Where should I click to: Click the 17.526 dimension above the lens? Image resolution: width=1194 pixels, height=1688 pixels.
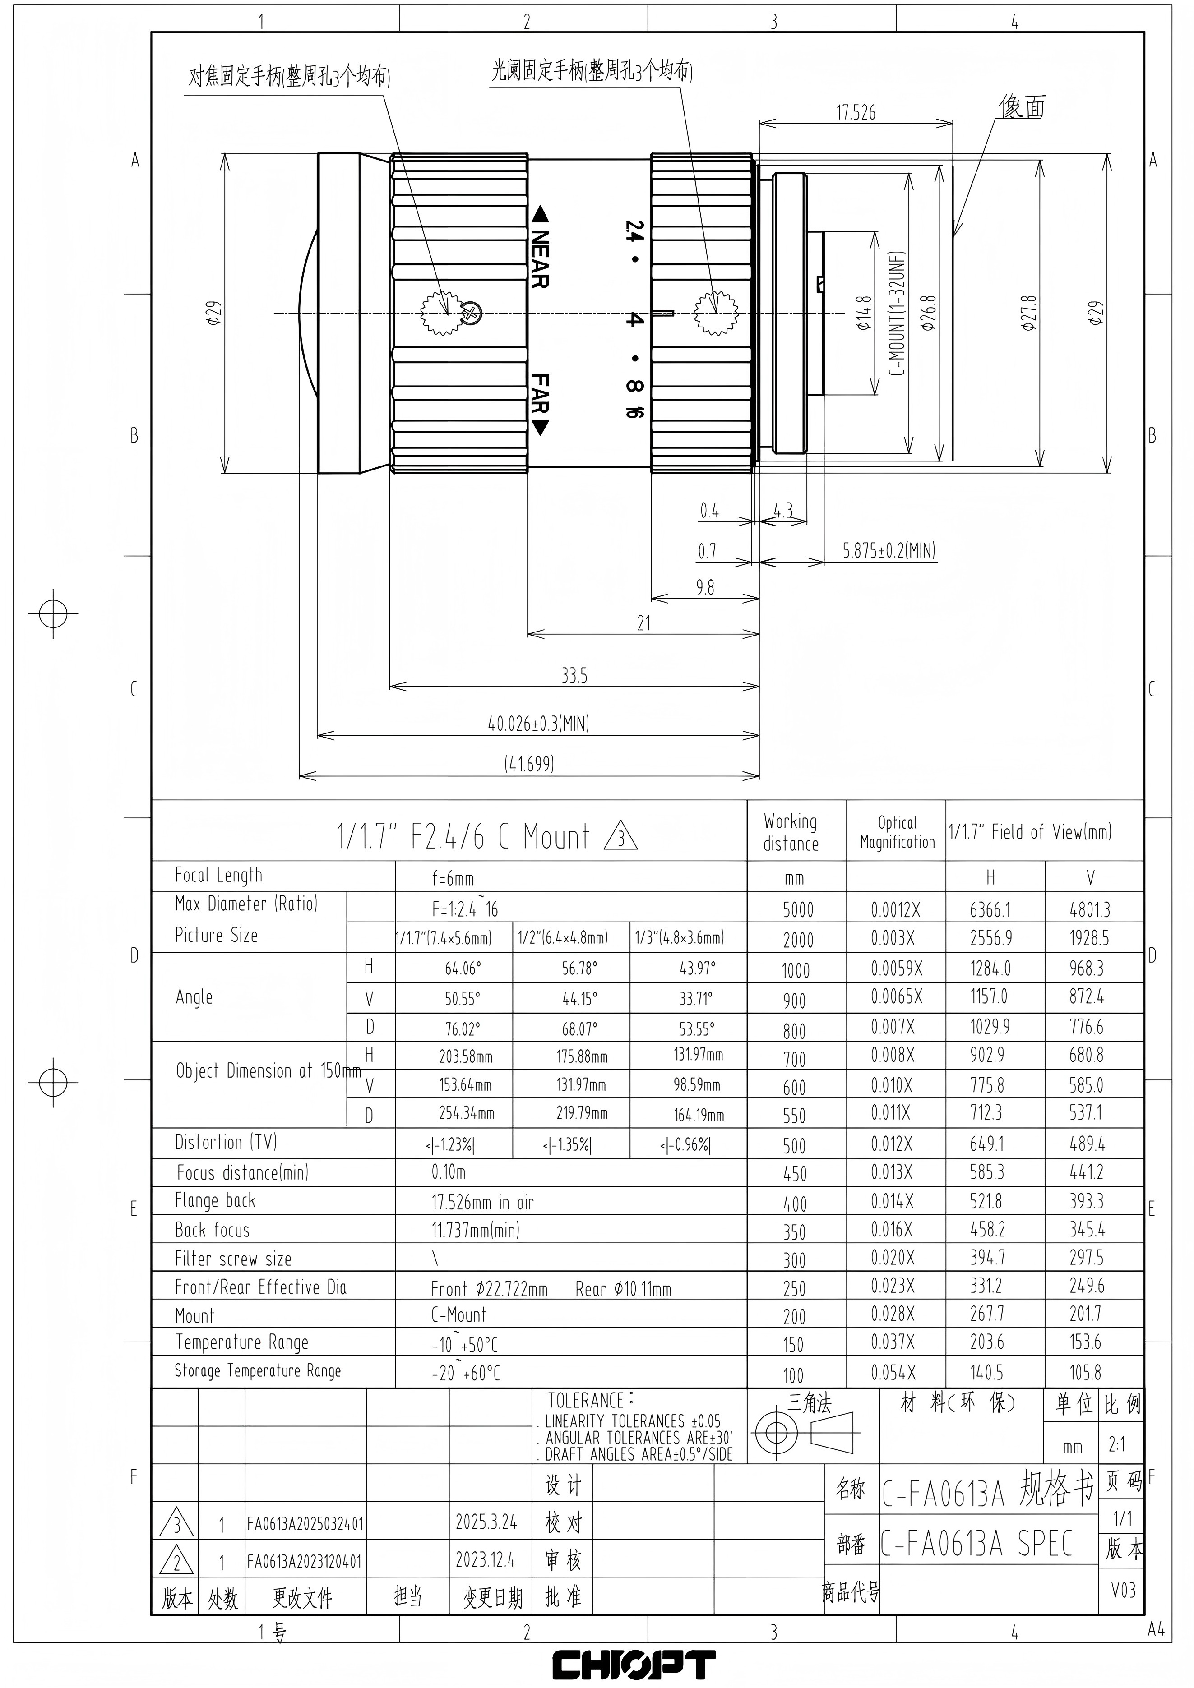click(856, 112)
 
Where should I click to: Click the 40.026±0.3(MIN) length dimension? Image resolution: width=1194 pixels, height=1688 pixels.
click(539, 724)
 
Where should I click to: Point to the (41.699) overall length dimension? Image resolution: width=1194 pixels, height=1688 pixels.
click(529, 764)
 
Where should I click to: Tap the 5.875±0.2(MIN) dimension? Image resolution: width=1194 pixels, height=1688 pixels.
click(889, 551)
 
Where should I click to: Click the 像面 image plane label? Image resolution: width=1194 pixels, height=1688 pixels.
click(1022, 107)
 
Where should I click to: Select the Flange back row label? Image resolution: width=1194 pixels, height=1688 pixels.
click(215, 1200)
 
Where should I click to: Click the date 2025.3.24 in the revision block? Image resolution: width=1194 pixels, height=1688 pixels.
click(486, 1522)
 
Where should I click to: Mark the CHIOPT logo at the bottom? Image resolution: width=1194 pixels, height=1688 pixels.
click(634, 1665)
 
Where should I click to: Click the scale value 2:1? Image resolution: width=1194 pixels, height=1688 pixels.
click(1117, 1445)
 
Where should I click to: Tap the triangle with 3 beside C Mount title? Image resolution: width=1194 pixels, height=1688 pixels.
click(620, 837)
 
